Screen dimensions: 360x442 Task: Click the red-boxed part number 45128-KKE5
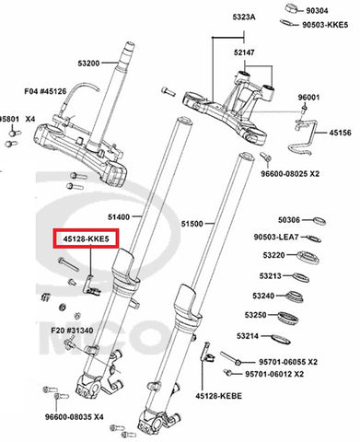86,238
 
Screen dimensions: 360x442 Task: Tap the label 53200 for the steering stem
88,64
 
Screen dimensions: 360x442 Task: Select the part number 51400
119,217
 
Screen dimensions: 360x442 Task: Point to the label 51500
192,224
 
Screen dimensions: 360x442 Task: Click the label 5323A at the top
244,17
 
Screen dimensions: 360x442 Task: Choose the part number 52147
244,52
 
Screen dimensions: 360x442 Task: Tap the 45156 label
341,133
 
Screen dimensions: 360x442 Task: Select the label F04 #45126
45,91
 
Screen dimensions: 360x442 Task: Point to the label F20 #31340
72,331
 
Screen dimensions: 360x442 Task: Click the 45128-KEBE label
219,396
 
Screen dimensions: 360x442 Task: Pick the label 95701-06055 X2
288,362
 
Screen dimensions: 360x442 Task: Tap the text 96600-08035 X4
75,417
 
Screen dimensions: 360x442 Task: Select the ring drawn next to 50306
319,221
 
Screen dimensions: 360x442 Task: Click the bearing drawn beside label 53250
288,318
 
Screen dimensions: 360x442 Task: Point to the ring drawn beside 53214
281,339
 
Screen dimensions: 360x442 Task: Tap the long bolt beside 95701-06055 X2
231,358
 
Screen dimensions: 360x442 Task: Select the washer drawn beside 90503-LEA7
314,238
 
